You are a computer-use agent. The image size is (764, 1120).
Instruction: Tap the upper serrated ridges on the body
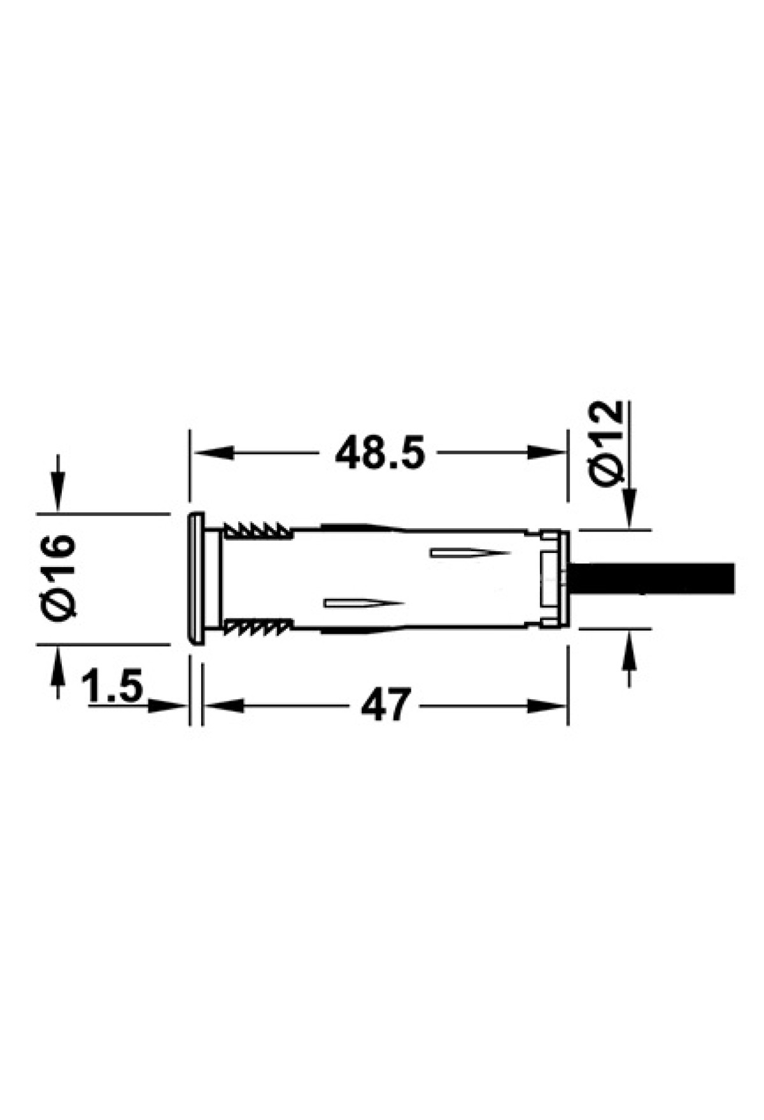click(x=257, y=530)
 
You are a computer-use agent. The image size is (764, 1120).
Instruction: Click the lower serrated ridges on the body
click(x=257, y=627)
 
